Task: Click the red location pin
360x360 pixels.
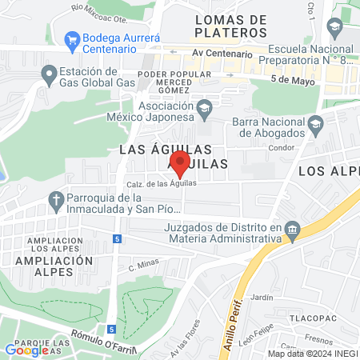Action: [x=180, y=162]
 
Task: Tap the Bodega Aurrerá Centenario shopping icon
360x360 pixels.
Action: [x=73, y=38]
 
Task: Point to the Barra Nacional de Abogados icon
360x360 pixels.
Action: [x=316, y=123]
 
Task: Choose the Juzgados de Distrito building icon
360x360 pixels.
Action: [x=293, y=231]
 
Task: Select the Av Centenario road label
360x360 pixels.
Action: [x=222, y=54]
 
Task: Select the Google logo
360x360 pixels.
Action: [x=26, y=350]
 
